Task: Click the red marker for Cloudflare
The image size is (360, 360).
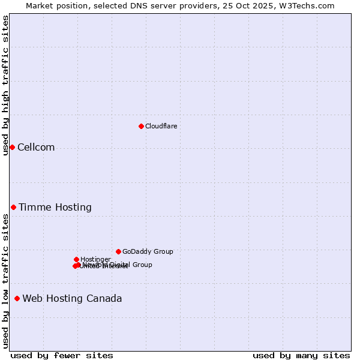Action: click(141, 126)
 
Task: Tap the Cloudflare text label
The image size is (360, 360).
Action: click(161, 126)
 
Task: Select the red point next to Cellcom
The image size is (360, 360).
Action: click(12, 147)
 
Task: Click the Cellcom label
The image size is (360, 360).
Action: click(36, 148)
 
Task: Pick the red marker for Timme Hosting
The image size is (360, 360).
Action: click(13, 207)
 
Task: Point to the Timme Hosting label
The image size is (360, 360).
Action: click(55, 208)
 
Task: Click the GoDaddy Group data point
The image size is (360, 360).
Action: click(118, 251)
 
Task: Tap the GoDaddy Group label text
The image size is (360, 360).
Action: click(148, 252)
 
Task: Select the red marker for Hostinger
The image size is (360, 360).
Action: click(76, 259)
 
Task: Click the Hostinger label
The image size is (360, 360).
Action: click(95, 260)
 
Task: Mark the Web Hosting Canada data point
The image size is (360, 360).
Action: click(17, 298)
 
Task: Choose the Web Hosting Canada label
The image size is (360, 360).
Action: click(72, 299)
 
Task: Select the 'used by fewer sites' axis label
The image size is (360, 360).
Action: click(62, 355)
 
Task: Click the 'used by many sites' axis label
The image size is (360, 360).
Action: click(301, 355)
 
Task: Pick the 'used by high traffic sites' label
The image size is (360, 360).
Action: click(5, 85)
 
